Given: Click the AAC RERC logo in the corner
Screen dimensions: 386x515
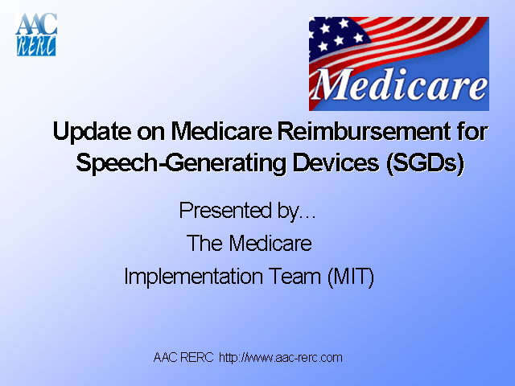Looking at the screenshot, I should click(x=36, y=35).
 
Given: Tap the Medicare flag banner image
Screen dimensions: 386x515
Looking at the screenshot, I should click(x=398, y=64).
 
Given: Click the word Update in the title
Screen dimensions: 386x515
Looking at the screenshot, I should click(x=89, y=131).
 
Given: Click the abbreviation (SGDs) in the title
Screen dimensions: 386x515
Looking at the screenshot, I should click(x=426, y=162).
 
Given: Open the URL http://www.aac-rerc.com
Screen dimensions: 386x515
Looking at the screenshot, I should click(x=281, y=357).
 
